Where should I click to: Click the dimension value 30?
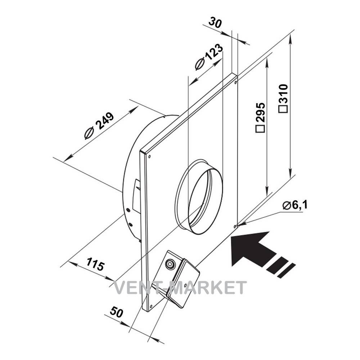tap(215, 23)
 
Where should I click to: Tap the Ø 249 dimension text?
tap(99, 126)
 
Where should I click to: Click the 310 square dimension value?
tap(283, 98)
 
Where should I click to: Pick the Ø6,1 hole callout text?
tap(295, 205)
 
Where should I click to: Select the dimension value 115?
tap(95, 264)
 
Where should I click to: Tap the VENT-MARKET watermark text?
tap(180, 287)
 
